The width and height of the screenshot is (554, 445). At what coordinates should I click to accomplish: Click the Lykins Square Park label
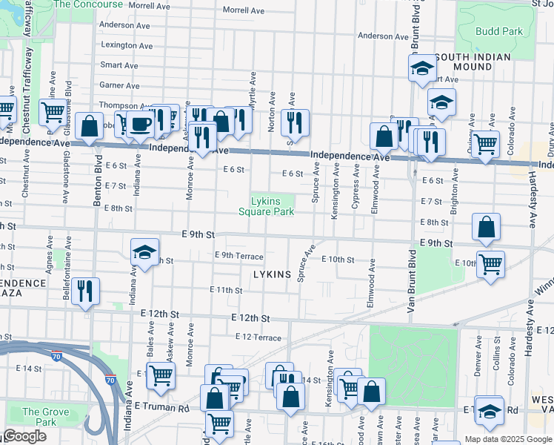tap(266, 206)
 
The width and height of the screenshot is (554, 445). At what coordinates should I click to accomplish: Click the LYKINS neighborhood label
tap(272, 274)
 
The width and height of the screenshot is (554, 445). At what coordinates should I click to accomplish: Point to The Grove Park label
tap(40, 417)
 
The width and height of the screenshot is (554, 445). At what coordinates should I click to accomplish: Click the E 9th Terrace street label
tap(238, 256)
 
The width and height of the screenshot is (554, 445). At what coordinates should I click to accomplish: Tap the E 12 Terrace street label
tap(258, 337)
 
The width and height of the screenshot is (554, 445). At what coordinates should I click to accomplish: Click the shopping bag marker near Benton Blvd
tap(90, 127)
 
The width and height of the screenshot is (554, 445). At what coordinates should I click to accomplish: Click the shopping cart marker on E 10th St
tap(490, 264)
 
